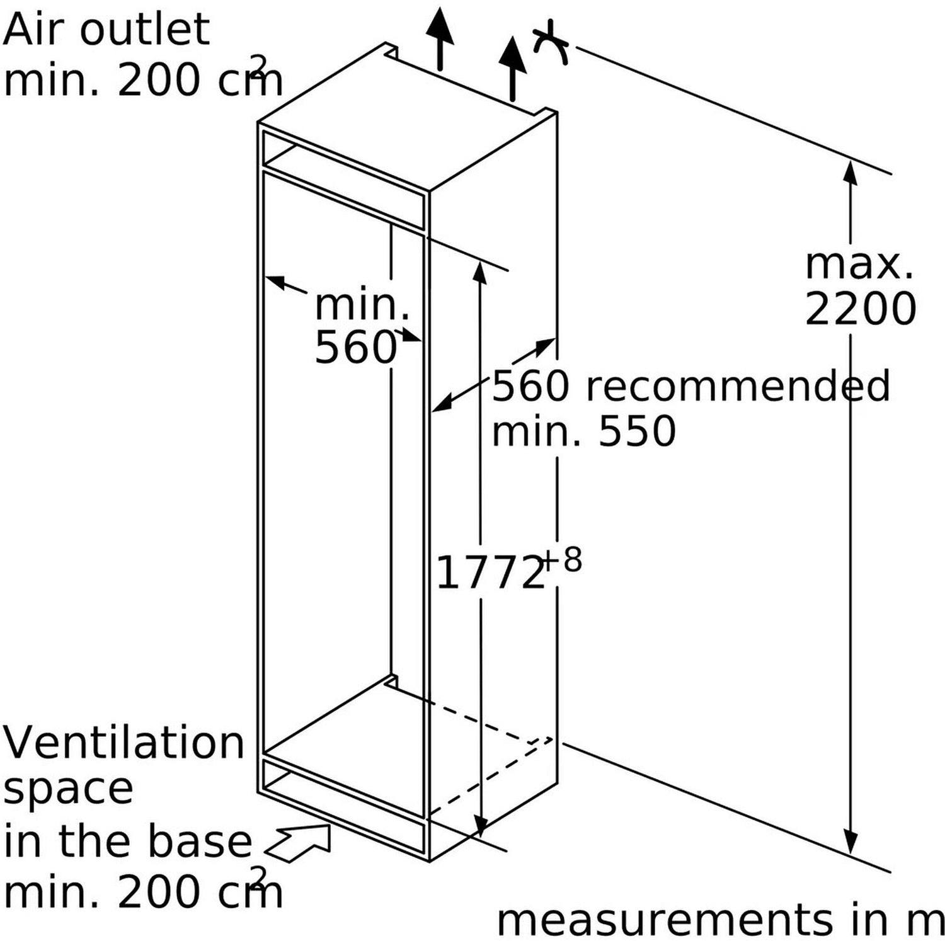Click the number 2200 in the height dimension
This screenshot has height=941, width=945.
[x=860, y=309]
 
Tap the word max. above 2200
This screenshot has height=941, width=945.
[x=859, y=265]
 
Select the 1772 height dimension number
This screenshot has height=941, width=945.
[x=490, y=573]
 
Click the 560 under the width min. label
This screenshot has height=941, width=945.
[x=355, y=347]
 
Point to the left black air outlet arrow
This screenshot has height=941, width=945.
[x=439, y=38]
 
